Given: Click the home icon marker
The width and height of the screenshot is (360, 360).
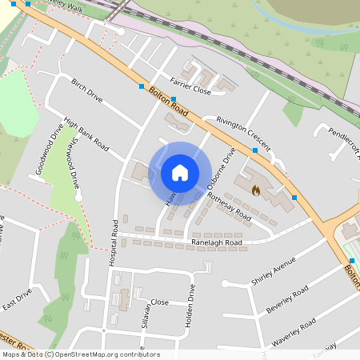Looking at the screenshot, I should pos(180,173).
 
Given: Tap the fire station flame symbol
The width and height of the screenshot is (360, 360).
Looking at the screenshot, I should pos(255,190).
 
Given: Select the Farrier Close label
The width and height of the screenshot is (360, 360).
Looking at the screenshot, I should pos(190,91).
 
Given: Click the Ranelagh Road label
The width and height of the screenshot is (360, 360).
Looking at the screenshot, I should pos(216,242).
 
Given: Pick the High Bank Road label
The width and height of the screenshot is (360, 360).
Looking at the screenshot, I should pos(86,135).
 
